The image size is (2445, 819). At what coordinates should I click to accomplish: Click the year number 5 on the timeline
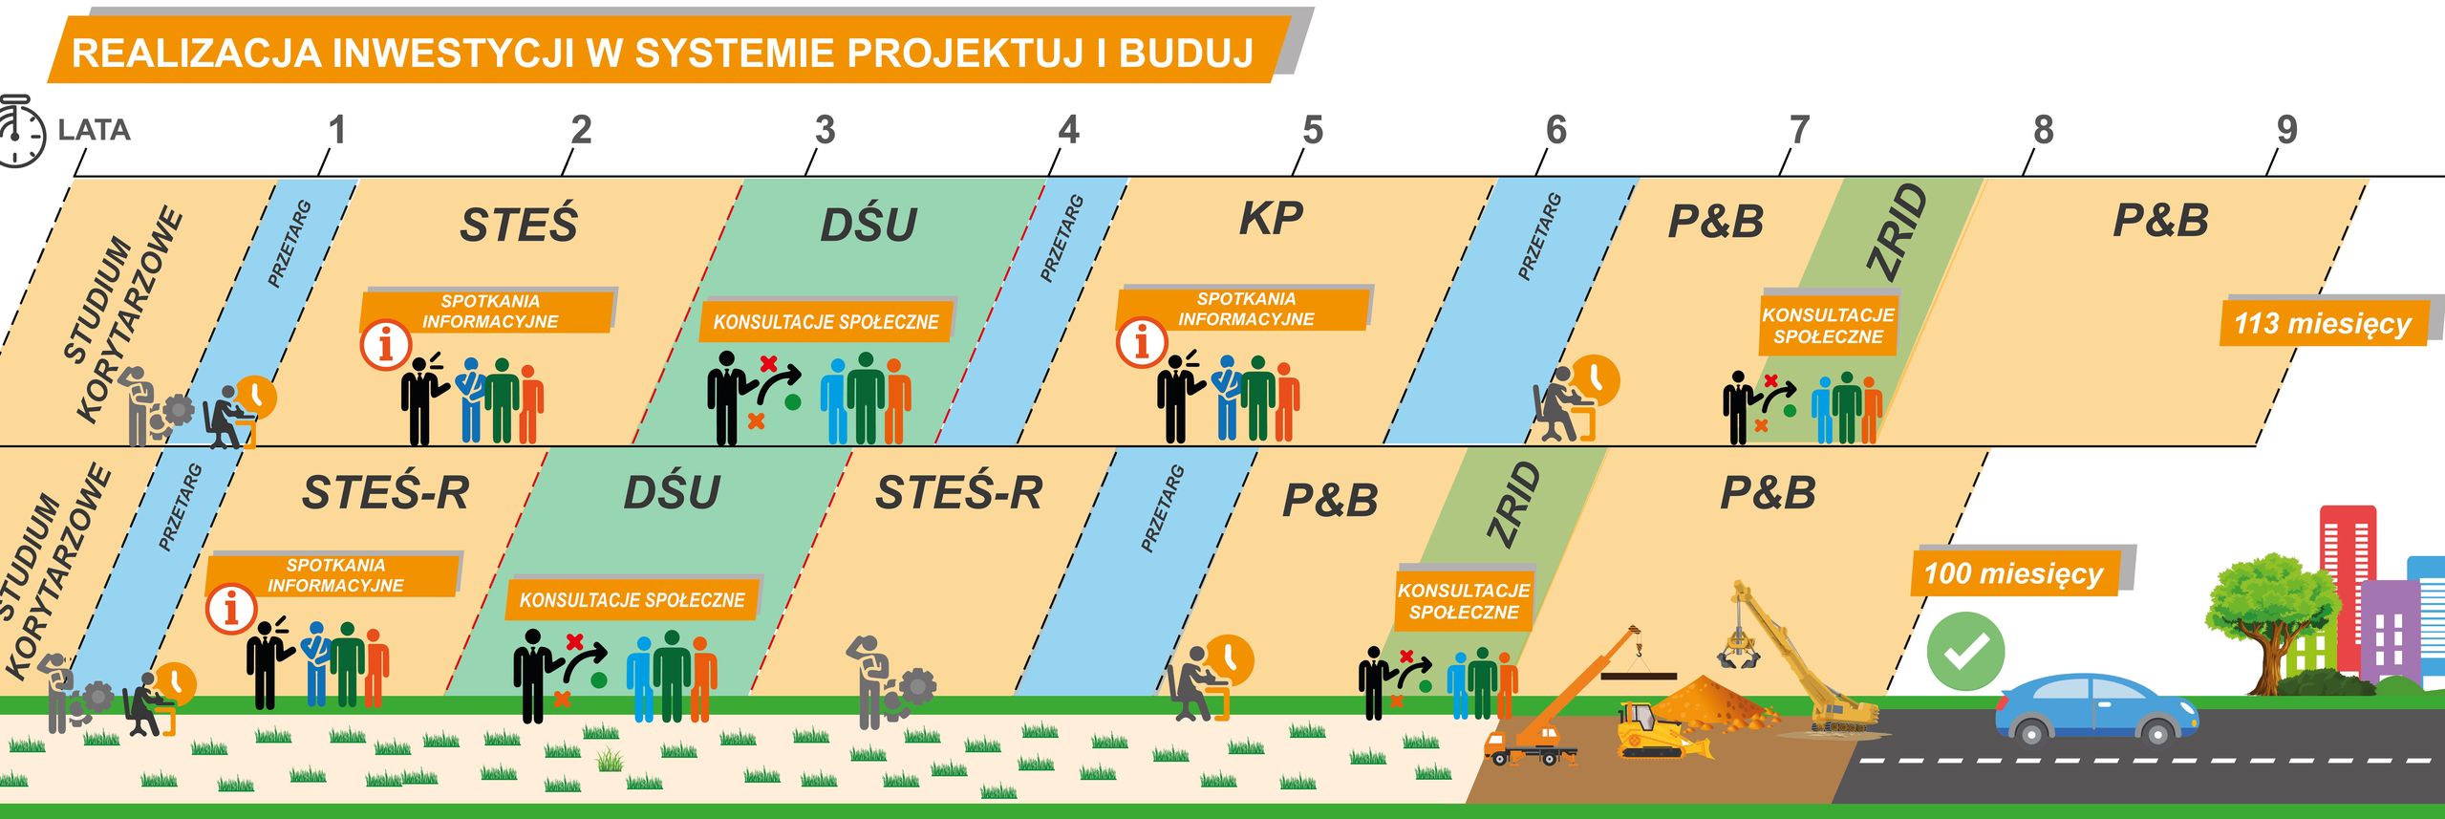click(1313, 130)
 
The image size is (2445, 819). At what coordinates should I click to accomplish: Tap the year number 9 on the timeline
click(2286, 130)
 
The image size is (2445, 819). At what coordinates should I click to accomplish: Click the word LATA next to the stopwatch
click(94, 130)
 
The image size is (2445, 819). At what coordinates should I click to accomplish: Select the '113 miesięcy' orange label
click(2322, 323)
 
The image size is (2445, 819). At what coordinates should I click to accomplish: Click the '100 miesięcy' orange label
click(2013, 573)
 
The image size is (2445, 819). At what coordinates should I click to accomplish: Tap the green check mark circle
click(1964, 652)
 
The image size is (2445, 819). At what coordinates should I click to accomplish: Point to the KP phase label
click(1271, 220)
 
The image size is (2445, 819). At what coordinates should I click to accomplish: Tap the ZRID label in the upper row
click(1898, 232)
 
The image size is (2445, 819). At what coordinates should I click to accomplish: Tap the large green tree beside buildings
click(2269, 612)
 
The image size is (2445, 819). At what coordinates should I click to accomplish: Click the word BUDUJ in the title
click(1185, 54)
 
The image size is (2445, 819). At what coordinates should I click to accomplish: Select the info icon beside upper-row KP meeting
click(1141, 342)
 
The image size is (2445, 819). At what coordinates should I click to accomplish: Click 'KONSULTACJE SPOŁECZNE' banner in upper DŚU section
click(826, 322)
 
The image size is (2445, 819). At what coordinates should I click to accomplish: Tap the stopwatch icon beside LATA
click(19, 132)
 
